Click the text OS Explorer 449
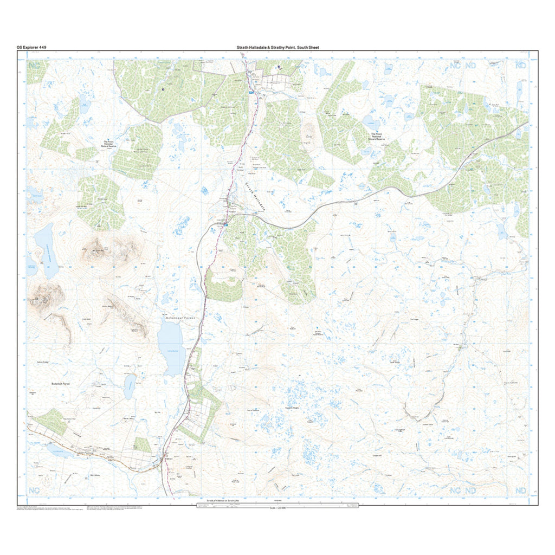coord(31,48)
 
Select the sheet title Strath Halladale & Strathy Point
coord(277,48)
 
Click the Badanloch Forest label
coord(58,383)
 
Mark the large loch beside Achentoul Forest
coord(171,347)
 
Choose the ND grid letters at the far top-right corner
coord(521,65)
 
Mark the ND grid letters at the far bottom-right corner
coord(521,491)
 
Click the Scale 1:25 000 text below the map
coord(277,508)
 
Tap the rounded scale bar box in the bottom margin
coord(277,505)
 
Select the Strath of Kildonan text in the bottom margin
coord(220,500)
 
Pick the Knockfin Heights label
coord(292,408)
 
